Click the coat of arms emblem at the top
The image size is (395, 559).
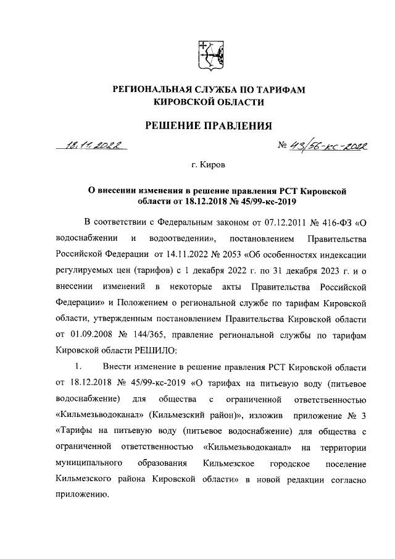pos(207,54)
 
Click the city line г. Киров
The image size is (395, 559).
pos(208,166)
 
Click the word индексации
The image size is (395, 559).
pos(341,254)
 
